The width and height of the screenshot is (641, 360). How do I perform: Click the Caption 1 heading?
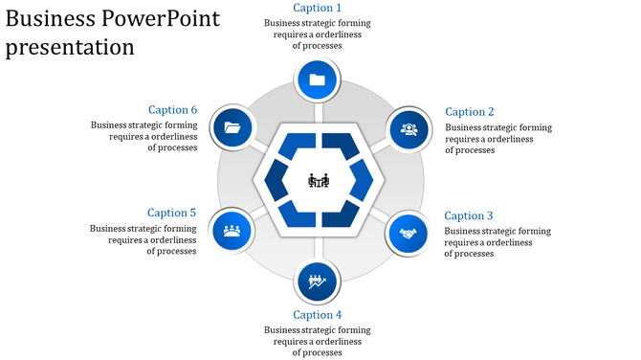coord(317,8)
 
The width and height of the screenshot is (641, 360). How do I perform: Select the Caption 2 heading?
coord(470,112)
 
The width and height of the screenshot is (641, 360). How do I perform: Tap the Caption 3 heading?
coord(469,215)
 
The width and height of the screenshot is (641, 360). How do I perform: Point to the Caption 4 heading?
coord(317,315)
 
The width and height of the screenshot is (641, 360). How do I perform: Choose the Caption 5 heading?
coord(172,213)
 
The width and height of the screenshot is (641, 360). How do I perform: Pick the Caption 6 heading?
coord(172,109)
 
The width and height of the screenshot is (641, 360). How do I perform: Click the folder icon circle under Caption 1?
coord(318,79)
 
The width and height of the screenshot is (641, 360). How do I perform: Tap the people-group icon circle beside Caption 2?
coord(409,128)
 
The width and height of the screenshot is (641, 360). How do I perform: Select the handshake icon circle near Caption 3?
coord(409,232)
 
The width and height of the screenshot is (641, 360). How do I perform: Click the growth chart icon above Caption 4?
coord(318,281)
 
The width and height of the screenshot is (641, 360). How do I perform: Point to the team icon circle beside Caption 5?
coord(232,230)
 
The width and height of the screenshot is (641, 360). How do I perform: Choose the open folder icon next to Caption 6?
coord(232,127)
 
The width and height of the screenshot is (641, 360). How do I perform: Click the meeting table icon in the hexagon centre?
coord(319,180)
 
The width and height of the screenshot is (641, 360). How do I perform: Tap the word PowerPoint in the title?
coord(156,18)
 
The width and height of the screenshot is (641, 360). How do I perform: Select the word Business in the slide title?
coord(47,18)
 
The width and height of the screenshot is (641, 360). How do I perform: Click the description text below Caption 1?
coord(318,34)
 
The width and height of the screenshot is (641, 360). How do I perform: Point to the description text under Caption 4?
coord(318,341)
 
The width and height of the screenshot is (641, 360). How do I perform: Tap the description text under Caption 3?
coord(497,242)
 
